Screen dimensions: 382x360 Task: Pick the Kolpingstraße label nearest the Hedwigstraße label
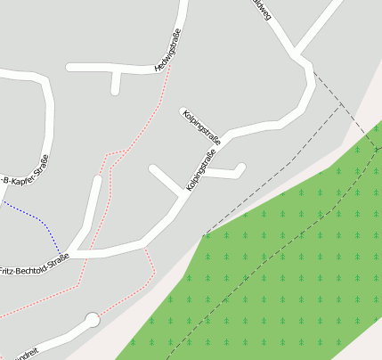click(201, 127)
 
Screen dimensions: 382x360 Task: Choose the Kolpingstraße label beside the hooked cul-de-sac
click(203, 171)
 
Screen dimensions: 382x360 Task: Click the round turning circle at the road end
click(92, 319)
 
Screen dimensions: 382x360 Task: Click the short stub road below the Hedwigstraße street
click(115, 83)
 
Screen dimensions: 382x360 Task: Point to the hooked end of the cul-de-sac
click(240, 167)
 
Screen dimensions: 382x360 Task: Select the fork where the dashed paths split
click(341, 102)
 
